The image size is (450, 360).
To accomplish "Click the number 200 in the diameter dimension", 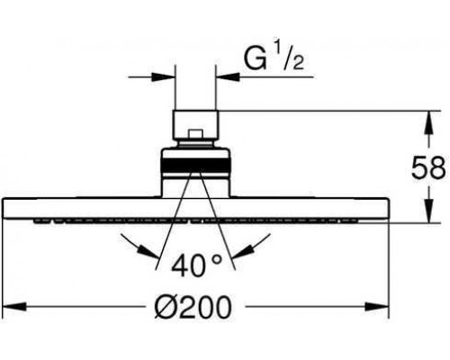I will point(209,309).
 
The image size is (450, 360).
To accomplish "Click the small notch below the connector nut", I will point(194,139).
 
